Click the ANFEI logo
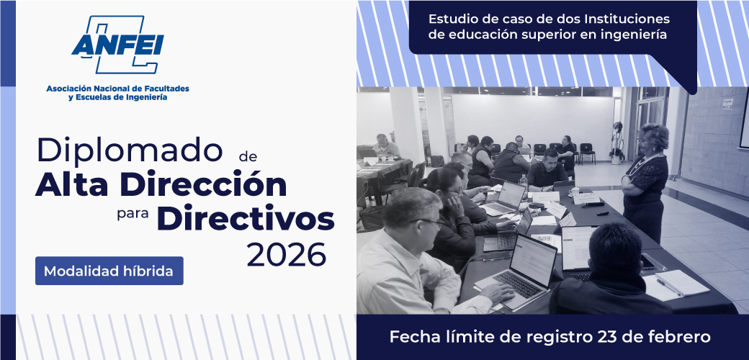(117, 45)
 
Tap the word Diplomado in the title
(130, 150)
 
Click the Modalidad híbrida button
(109, 271)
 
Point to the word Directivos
(246, 219)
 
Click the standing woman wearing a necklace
(644, 181)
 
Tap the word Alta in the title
(71, 185)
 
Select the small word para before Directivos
(133, 214)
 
